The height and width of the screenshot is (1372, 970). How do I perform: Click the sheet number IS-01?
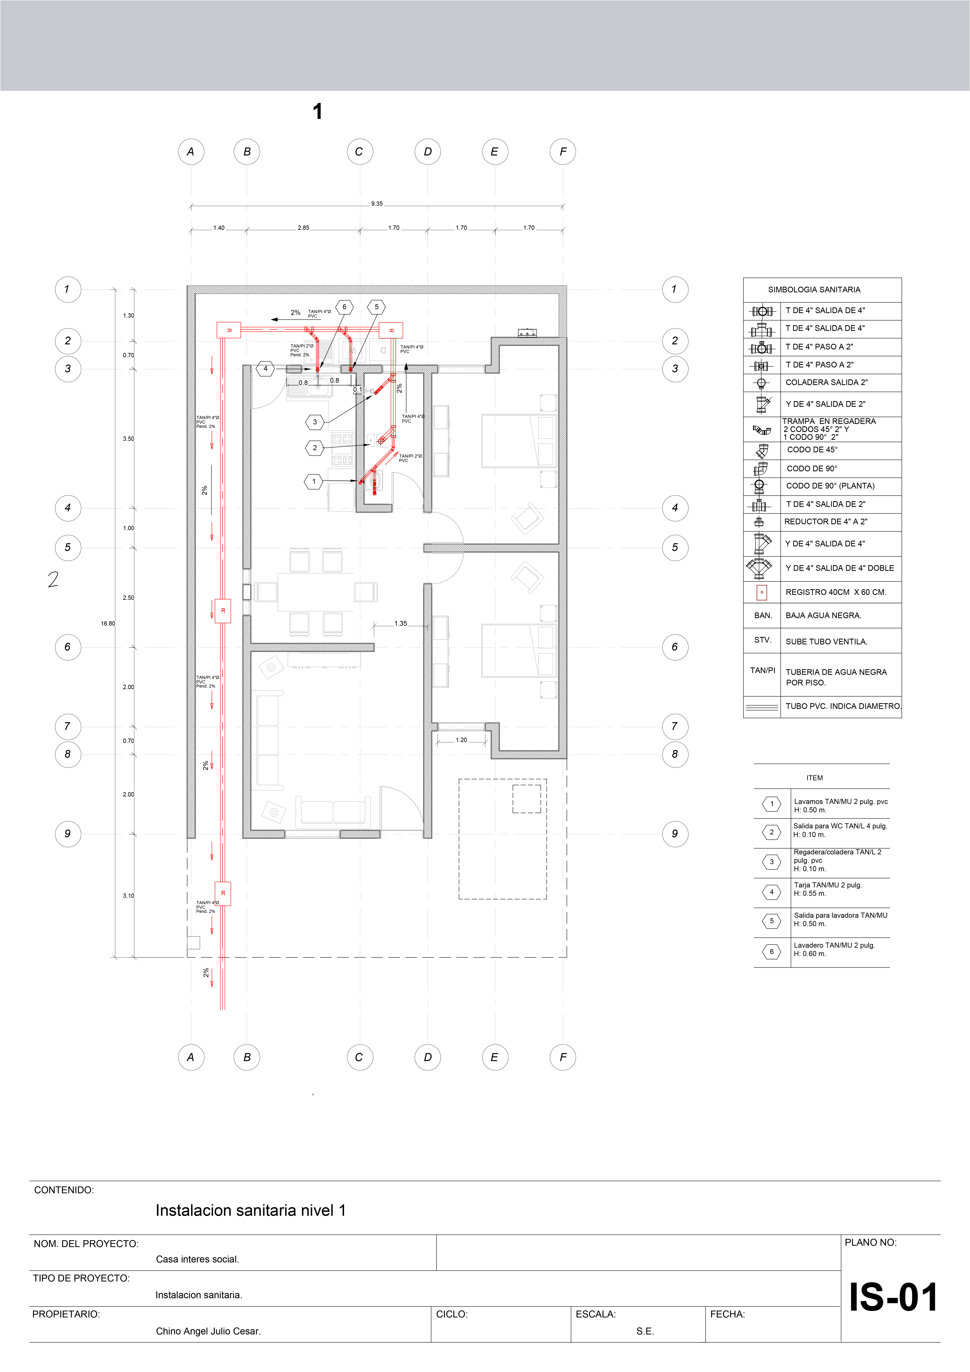(x=893, y=1297)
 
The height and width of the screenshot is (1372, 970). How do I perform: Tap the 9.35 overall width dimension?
(x=377, y=204)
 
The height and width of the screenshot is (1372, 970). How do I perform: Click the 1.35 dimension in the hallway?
(x=400, y=623)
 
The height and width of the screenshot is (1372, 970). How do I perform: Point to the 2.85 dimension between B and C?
(x=304, y=228)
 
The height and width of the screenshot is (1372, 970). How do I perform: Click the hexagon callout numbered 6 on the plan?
(x=344, y=307)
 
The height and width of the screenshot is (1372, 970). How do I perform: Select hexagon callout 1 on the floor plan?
(x=314, y=481)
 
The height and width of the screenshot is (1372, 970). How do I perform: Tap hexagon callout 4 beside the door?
(x=265, y=369)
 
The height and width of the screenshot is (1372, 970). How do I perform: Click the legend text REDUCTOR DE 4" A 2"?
(x=825, y=522)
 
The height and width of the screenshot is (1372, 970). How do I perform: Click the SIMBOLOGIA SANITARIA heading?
(x=814, y=290)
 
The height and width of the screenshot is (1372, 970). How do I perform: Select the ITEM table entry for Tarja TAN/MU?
(x=828, y=889)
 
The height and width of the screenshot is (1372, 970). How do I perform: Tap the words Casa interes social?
(x=197, y=1259)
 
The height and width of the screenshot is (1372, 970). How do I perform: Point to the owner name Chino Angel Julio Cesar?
(x=208, y=1331)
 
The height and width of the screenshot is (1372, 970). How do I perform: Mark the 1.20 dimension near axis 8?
(x=461, y=740)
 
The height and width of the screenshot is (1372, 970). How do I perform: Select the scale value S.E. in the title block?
(x=645, y=1331)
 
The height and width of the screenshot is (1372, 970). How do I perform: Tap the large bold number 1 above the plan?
(x=317, y=111)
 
